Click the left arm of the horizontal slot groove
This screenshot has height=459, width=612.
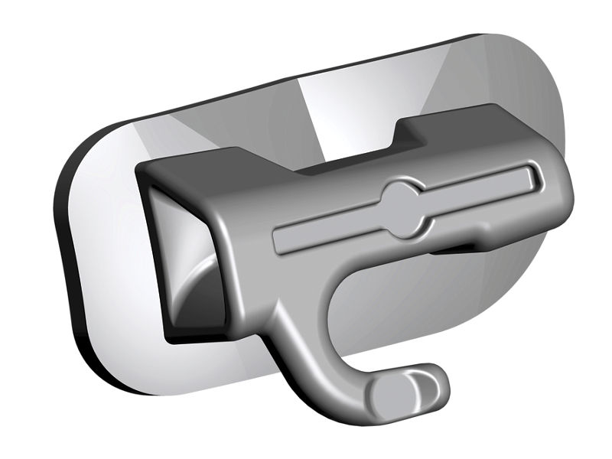click(x=329, y=229)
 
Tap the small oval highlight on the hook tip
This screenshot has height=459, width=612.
click(x=417, y=382)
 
